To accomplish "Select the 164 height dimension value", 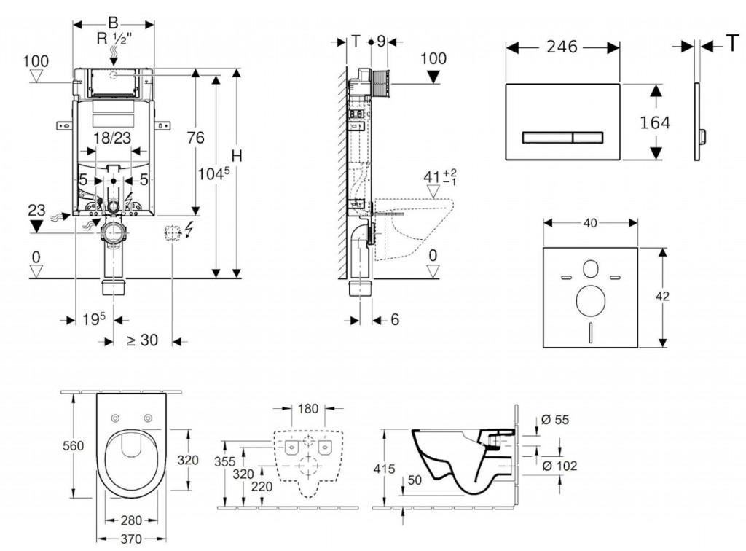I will click(x=655, y=123).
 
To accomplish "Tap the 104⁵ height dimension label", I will click(x=213, y=174).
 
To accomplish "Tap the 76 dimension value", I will click(x=195, y=138).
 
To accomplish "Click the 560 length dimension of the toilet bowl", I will click(x=73, y=446).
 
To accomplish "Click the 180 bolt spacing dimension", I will click(x=308, y=409).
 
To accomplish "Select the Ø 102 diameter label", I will click(x=561, y=466).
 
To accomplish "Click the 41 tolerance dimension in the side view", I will click(x=437, y=177).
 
